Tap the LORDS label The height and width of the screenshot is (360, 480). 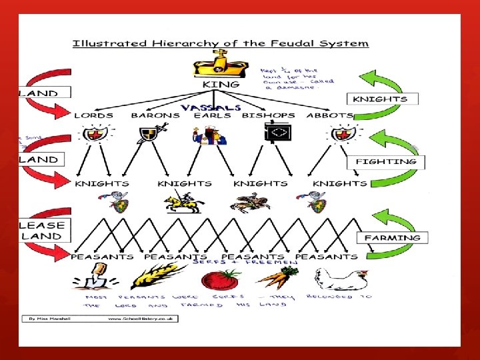[93, 115]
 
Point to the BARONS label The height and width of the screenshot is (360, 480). [155, 115]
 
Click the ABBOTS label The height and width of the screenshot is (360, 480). [329, 115]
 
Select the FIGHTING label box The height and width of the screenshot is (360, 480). [387, 161]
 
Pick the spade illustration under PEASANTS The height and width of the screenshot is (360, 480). [97, 275]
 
